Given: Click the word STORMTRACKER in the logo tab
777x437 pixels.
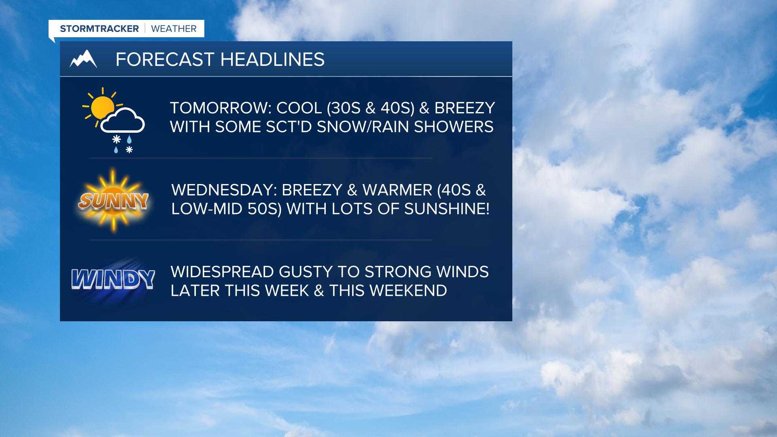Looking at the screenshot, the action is coord(99,29).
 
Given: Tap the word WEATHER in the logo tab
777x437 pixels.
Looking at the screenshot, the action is coord(174,29).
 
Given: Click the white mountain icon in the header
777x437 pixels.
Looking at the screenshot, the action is coord(83,59).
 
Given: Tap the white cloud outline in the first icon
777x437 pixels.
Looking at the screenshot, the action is coord(123,121).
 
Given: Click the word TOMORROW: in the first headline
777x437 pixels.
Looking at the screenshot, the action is coord(221,108).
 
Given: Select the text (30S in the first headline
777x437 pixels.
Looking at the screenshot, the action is coord(344,108).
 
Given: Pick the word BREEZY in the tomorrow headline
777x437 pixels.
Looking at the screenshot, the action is coord(465,108).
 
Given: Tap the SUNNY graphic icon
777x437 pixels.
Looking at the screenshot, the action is coord(114,201).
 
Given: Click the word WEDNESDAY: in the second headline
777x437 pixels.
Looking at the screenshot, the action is coord(224,190).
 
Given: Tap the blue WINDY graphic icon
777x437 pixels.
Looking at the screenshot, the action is coord(113,280).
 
